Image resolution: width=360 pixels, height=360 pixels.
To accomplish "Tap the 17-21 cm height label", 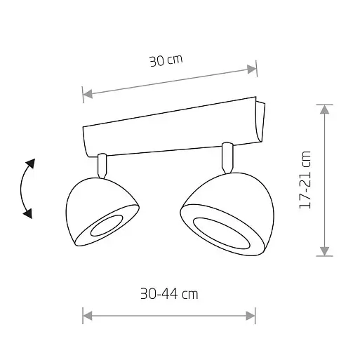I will pos(304,181).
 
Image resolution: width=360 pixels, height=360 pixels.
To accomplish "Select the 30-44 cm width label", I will pos(169,294).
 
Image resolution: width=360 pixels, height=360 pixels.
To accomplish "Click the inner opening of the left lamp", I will pos(105,226).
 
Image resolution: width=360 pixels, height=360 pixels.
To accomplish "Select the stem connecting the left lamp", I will pos(102,165).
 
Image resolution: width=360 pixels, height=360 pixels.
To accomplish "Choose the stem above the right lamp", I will pos(227,157).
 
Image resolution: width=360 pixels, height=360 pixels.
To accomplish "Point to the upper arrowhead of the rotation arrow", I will pos(30,164).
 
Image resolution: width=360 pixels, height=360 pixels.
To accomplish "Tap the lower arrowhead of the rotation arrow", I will pos(28,213).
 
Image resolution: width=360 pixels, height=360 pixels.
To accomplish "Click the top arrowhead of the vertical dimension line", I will pos(324,109).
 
